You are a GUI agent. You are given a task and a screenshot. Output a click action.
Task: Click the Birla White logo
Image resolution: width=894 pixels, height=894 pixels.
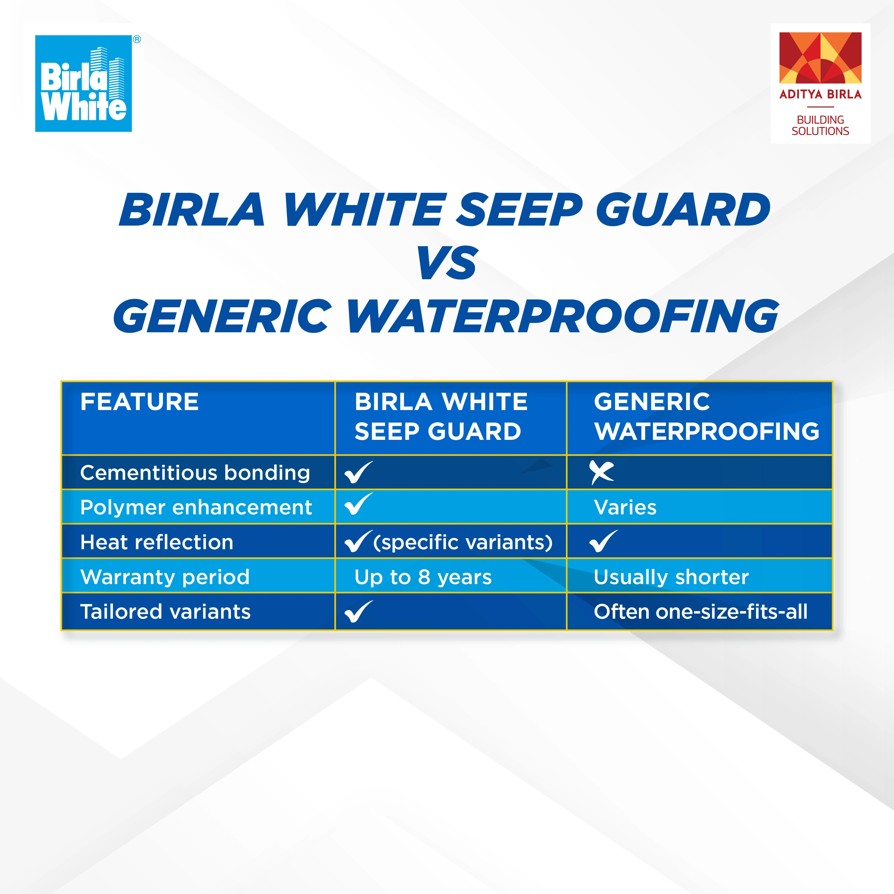84,83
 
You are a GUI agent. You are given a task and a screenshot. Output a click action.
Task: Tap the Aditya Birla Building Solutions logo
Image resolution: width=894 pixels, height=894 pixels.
820,84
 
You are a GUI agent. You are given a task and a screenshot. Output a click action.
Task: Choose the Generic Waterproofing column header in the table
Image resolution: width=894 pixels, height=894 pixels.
706,417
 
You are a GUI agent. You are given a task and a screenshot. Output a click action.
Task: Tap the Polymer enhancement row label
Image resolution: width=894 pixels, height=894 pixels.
196,507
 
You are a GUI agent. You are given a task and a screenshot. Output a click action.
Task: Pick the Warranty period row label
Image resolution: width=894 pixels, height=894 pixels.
165,577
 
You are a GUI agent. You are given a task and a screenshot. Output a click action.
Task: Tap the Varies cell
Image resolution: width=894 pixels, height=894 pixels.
625,507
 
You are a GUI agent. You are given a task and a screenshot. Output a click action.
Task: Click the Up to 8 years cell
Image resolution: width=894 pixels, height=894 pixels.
423,577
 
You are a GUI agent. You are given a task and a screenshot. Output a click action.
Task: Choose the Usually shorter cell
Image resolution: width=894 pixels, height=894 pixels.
671,577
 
